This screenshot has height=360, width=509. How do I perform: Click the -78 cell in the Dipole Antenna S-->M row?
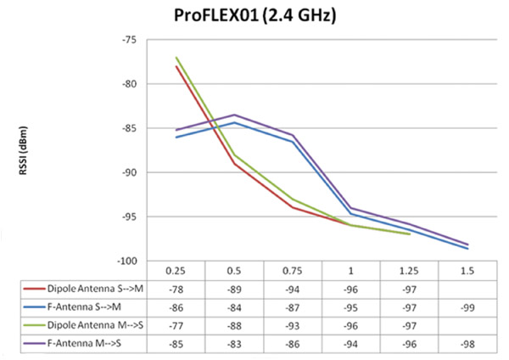(176, 290)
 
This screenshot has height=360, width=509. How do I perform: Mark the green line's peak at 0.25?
(176, 58)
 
